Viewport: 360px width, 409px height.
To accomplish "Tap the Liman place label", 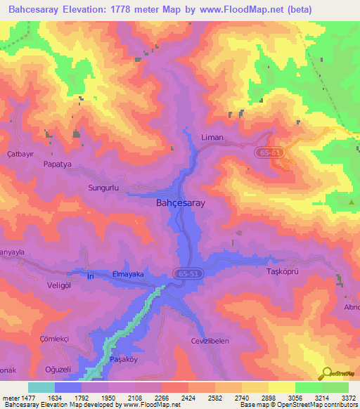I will (x=212, y=138).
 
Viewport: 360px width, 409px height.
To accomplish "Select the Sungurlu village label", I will (x=105, y=188).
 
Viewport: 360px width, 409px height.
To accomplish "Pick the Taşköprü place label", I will (x=283, y=271).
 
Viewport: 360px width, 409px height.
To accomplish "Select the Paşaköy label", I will (x=127, y=359).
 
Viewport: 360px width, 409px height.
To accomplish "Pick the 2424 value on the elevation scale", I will (x=188, y=398).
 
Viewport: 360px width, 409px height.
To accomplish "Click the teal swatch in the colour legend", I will (x=41, y=387).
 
